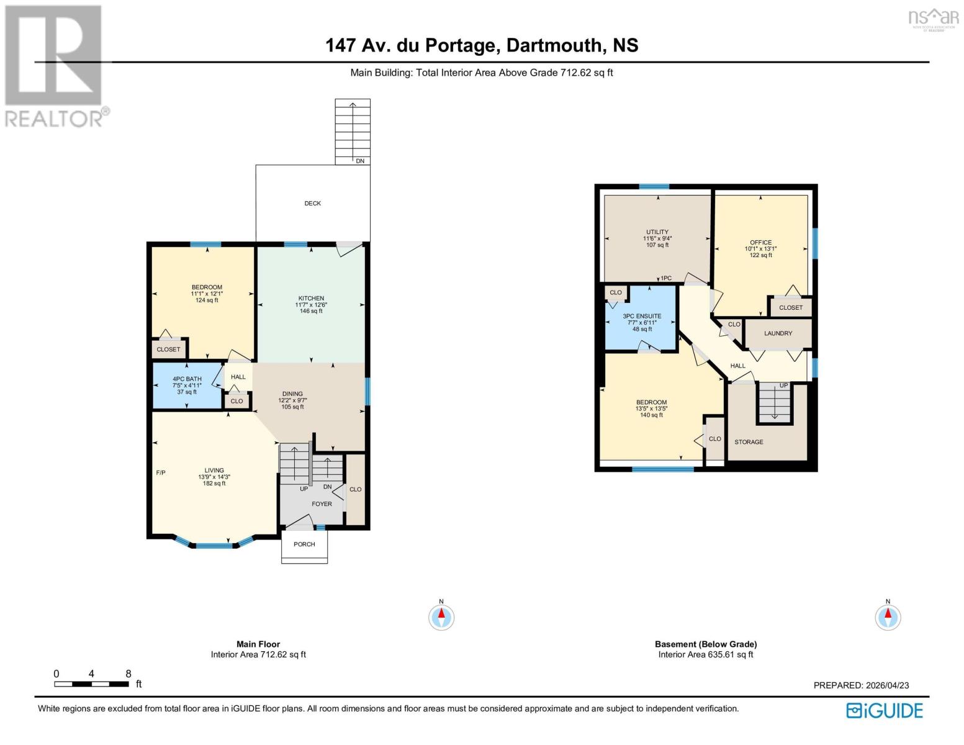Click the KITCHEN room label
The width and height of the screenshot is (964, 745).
pyautogui.click(x=311, y=299)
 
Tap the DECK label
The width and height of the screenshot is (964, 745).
pyautogui.click(x=312, y=204)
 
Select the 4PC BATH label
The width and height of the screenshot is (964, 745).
pyautogui.click(x=187, y=379)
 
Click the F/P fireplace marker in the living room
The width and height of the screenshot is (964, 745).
pyautogui.click(x=161, y=473)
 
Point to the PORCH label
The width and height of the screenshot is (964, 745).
pyautogui.click(x=304, y=544)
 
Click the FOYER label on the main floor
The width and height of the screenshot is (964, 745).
pyautogui.click(x=322, y=504)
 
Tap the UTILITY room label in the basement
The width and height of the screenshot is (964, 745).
pyautogui.click(x=657, y=232)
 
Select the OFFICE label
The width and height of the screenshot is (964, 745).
pyautogui.click(x=760, y=243)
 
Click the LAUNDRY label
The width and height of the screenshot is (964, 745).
pyautogui.click(x=778, y=333)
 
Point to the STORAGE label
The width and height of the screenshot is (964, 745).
pyautogui.click(x=749, y=442)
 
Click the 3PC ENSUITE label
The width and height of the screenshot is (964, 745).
pyautogui.click(x=642, y=316)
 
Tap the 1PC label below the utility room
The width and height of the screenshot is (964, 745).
pyautogui.click(x=666, y=278)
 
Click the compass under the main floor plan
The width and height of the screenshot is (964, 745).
pyautogui.click(x=441, y=617)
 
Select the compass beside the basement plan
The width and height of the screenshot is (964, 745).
pyautogui.click(x=888, y=617)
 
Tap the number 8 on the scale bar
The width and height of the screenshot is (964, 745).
pyautogui.click(x=128, y=674)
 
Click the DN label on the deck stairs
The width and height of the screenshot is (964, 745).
pyautogui.click(x=360, y=161)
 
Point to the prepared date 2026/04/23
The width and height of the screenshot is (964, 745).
pyautogui.click(x=887, y=685)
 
